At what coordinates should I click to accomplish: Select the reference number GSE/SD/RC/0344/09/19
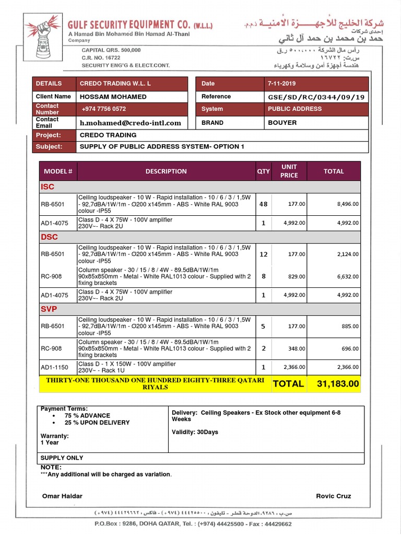(316, 97)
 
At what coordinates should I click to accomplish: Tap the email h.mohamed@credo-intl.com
(130, 123)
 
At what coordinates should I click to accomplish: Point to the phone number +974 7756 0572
(103, 109)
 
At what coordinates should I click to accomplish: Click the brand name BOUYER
(282, 123)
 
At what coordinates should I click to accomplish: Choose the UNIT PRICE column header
(289, 171)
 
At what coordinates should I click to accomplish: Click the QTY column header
(263, 171)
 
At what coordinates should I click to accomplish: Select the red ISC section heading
(48, 187)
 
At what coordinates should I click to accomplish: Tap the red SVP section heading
(49, 309)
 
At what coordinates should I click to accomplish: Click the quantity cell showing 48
(263, 204)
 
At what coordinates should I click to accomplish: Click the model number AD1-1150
(55, 367)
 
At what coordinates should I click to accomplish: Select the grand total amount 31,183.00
(338, 384)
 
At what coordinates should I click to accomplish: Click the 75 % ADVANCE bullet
(87, 416)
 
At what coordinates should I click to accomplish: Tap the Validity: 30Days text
(195, 432)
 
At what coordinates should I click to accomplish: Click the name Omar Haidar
(62, 496)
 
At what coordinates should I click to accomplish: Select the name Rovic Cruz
(333, 496)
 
